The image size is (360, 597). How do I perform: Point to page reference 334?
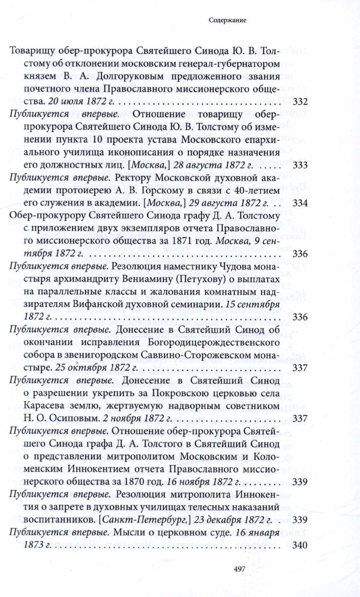299,203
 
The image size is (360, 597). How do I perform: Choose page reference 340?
299,545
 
